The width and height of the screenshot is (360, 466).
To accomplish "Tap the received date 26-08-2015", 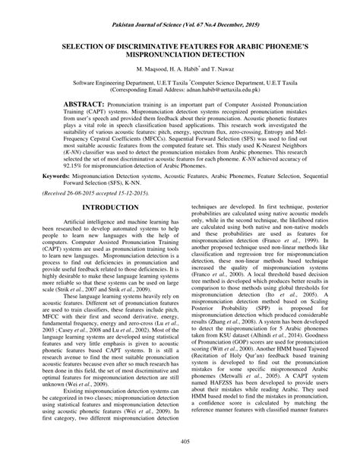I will click(84, 195).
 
